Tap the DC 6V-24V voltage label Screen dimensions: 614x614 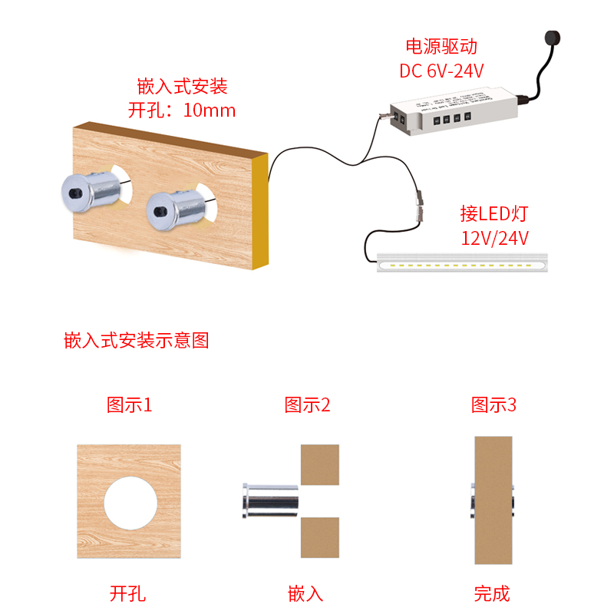tap(441, 71)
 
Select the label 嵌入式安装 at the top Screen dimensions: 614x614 tap(182, 85)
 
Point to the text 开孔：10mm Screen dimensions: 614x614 tap(182, 110)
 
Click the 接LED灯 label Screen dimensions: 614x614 tap(494, 213)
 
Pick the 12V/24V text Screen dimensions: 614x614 tap(495, 237)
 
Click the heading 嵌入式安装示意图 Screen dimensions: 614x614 tap(137, 341)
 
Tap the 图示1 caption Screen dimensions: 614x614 tap(129, 404)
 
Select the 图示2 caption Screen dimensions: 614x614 tap(307, 404)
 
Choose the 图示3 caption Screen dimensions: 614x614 tap(494, 404)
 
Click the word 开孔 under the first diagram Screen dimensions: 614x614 tap(128, 593)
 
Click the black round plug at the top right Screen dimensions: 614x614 tap(550, 38)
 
